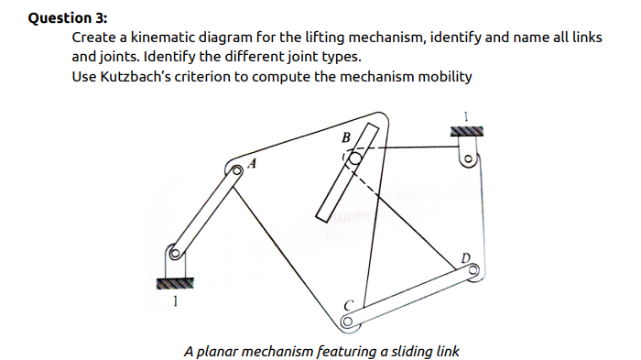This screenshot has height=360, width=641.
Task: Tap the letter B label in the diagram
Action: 345,137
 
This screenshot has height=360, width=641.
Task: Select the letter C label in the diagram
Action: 346,305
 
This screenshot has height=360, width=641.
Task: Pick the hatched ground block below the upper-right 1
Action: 464,133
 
